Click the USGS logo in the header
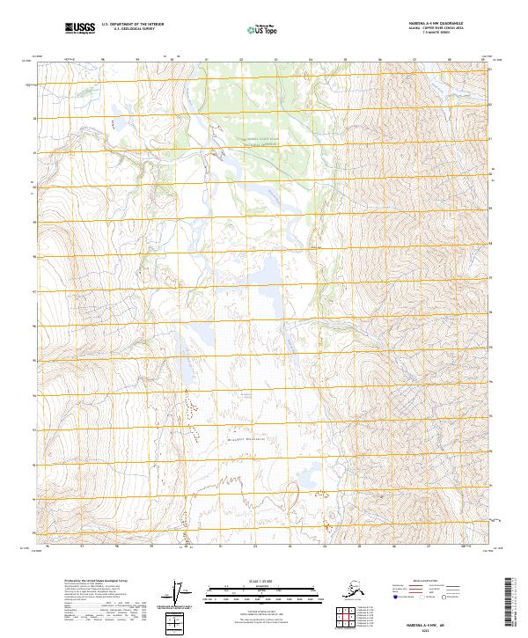pos(80,28)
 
